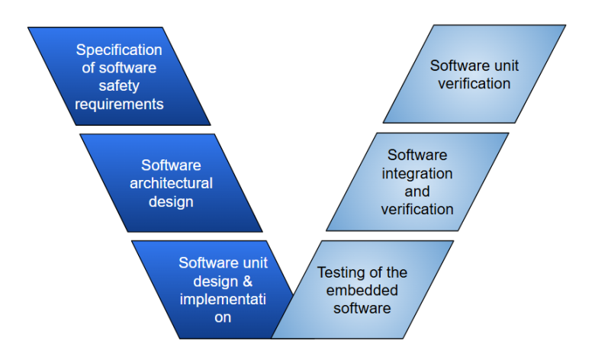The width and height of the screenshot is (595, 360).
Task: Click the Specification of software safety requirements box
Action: tap(119, 76)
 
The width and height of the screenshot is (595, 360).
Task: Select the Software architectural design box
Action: tap(171, 183)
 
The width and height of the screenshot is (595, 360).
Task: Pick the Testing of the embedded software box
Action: tap(362, 290)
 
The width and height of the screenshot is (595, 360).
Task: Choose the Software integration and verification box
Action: tap(417, 182)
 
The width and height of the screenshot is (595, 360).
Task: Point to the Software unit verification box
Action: tap(474, 74)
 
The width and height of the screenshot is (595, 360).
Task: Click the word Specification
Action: tap(119, 50)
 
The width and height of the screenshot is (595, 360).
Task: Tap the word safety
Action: tap(119, 86)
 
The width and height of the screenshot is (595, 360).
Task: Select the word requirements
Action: tap(119, 104)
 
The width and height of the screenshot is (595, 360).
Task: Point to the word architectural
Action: tap(171, 184)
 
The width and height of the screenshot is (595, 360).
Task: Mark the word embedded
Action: tap(362, 291)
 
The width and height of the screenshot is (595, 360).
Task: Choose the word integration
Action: tap(417, 173)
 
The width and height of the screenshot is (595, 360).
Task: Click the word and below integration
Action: tap(417, 191)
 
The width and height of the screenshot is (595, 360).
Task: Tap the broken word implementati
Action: tap(223, 299)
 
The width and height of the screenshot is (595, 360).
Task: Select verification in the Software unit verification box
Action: tap(474, 84)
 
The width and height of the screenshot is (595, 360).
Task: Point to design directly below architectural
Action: tap(172, 202)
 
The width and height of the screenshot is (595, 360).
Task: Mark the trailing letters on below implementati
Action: tap(223, 317)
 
